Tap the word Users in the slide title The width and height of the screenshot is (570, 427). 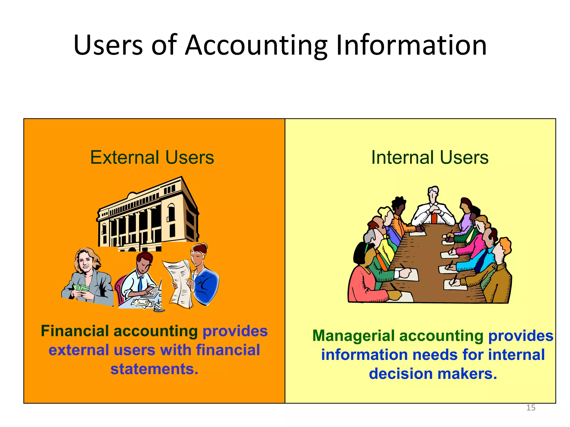(x=108, y=45)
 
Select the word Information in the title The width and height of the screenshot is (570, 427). (x=411, y=45)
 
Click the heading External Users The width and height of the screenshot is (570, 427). (x=152, y=157)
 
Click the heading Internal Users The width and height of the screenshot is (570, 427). (x=430, y=157)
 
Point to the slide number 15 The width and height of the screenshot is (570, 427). (x=531, y=408)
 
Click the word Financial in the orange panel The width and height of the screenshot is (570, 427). (x=75, y=331)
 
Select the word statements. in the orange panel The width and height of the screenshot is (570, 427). (x=154, y=369)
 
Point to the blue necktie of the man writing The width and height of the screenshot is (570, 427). (x=140, y=284)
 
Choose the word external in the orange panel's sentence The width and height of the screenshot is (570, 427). (x=78, y=350)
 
